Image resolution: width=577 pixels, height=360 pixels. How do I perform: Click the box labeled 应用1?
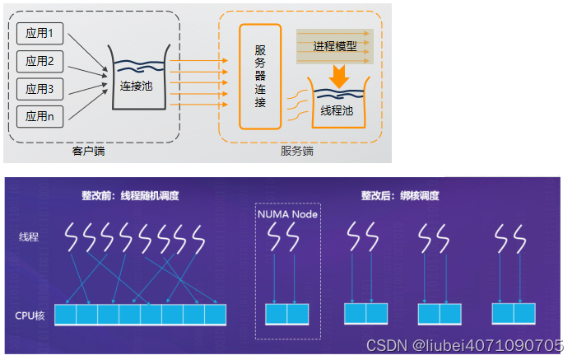click(x=40, y=34)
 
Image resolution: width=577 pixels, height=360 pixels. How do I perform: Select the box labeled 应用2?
click(x=40, y=61)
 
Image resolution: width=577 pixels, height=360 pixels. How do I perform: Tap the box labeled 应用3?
click(x=40, y=89)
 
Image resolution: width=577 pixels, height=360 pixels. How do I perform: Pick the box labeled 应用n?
click(x=40, y=116)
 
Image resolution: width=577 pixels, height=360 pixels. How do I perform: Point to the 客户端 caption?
click(x=88, y=152)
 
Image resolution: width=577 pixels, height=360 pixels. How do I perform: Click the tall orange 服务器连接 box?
click(x=260, y=77)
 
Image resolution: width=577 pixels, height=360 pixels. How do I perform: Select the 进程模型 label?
click(x=335, y=46)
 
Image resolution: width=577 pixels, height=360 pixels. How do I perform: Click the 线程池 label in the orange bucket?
click(x=337, y=110)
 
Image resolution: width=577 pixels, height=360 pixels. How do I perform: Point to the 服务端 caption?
click(x=296, y=152)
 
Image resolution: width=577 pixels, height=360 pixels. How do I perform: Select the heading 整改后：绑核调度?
click(x=399, y=196)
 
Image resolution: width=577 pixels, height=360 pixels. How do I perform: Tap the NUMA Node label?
click(x=286, y=214)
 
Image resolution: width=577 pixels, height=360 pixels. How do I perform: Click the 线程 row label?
click(x=29, y=237)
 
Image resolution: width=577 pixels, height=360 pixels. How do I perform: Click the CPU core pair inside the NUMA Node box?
click(x=286, y=315)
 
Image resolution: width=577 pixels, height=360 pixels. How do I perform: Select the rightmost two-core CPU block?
click(x=513, y=314)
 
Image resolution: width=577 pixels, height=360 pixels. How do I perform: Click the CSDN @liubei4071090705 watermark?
click(x=464, y=345)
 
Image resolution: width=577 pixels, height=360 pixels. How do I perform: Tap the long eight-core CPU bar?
click(x=140, y=315)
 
